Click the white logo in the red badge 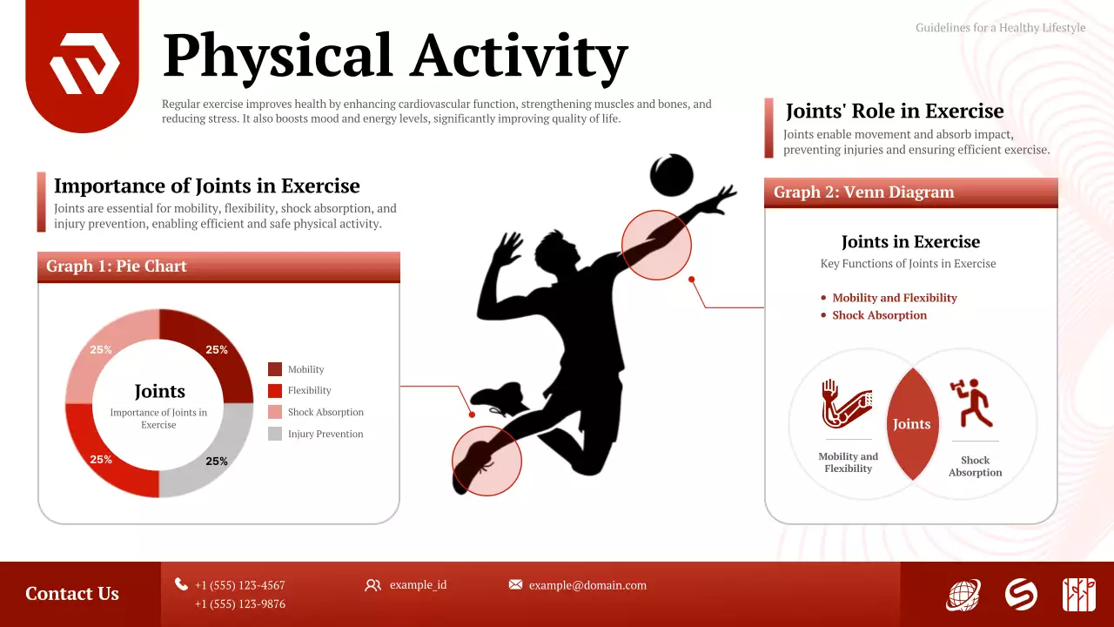coord(84,64)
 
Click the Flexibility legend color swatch coord(275,391)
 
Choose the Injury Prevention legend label coord(325,434)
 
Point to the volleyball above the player coord(672,175)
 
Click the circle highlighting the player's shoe coord(487,461)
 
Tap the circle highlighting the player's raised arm coord(656,245)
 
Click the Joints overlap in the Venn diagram coord(912,424)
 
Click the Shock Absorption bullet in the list coord(879,315)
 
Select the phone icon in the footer coord(181,584)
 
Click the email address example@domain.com coord(587,585)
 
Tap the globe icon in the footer coord(963,595)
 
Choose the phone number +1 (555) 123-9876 coord(239,603)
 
